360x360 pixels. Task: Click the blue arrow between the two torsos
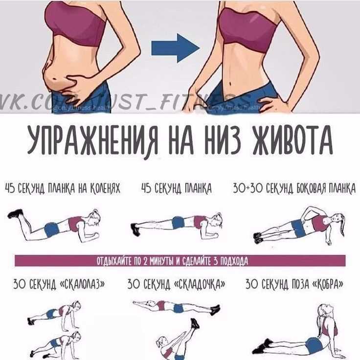[x=175, y=48]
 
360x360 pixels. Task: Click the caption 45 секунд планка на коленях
[x=62, y=188]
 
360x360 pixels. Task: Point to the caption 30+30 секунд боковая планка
[x=294, y=188]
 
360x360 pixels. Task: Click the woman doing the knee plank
[x=56, y=225]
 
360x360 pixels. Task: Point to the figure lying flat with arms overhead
[x=176, y=307]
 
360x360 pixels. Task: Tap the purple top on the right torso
[x=247, y=27]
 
